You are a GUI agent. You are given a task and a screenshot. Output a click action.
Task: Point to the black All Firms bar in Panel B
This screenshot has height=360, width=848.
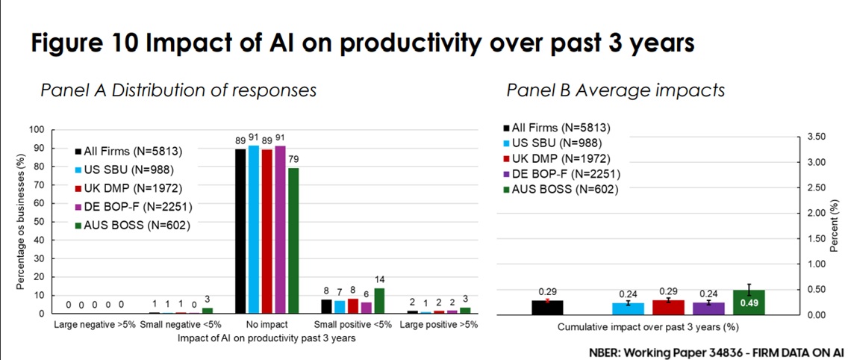pyautogui.click(x=547, y=307)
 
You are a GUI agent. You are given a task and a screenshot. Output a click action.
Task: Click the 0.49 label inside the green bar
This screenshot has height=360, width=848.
pyautogui.click(x=749, y=302)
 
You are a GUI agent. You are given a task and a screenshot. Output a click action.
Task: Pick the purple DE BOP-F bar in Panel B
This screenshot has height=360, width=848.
pyautogui.click(x=708, y=308)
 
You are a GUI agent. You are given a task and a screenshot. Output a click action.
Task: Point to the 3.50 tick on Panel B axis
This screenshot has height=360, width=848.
pyautogui.click(x=817, y=137)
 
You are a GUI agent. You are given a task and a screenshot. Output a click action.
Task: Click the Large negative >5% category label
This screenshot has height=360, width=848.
pyautogui.click(x=95, y=326)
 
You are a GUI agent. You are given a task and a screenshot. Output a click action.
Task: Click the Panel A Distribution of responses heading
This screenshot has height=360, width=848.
pyautogui.click(x=178, y=90)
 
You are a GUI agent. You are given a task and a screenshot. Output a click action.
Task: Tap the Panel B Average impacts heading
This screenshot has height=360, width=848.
pyautogui.click(x=615, y=90)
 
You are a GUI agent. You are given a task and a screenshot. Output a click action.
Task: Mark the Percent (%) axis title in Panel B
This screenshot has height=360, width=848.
pyautogui.click(x=835, y=224)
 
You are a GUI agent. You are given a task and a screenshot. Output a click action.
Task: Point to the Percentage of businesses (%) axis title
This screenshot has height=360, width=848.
pyautogui.click(x=19, y=222)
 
